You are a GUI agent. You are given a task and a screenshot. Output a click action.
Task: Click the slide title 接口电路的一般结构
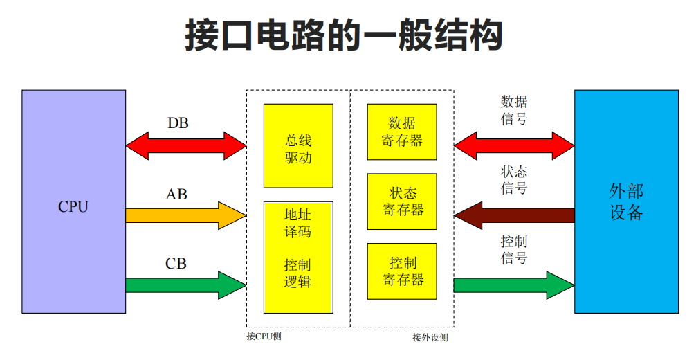[343, 35]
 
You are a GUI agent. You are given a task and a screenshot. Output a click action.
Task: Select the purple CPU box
[73, 201]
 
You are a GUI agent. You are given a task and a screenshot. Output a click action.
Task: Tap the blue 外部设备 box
[626, 201]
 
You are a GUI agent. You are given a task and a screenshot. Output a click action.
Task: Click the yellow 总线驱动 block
[298, 145]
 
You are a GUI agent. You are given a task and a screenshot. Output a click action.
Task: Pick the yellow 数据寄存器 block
[402, 132]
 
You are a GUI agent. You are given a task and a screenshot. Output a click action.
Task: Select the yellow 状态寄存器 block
[402, 201]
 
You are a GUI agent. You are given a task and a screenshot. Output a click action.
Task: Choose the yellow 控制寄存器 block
[402, 271]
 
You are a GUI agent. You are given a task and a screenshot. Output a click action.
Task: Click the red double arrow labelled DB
[186, 145]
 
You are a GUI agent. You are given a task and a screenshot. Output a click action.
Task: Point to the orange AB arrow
[186, 216]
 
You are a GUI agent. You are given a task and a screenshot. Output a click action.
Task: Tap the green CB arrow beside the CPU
[186, 285]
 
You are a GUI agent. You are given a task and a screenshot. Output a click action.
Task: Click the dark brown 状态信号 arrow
[514, 215]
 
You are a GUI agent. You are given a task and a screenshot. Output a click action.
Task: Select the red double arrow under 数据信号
[514, 145]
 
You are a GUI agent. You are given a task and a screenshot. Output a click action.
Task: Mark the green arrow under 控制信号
[514, 285]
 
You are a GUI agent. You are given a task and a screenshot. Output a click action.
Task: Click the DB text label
[178, 123]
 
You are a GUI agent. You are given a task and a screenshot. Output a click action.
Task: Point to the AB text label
[176, 194]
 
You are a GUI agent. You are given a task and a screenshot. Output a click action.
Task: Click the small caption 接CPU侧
[264, 336]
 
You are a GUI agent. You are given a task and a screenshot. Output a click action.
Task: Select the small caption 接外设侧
[430, 338]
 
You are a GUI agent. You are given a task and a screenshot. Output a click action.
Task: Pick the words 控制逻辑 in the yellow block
[298, 273]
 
